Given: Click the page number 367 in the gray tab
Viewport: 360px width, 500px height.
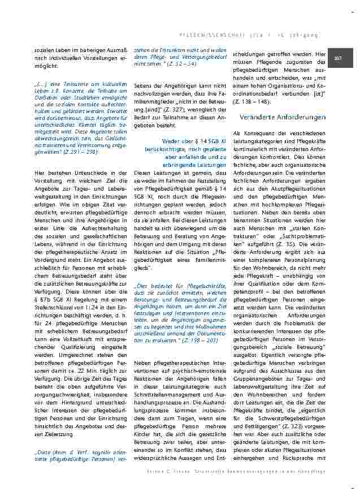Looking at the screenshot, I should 339,58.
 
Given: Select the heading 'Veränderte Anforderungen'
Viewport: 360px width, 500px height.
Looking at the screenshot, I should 283,117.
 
